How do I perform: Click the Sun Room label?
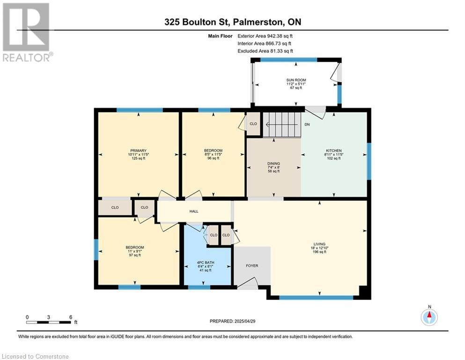pyautogui.click(x=296, y=84)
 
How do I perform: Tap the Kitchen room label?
pyautogui.click(x=333, y=154)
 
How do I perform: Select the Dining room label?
pyautogui.click(x=273, y=167)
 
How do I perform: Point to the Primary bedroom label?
pyautogui.click(x=138, y=154)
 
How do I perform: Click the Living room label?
pyautogui.click(x=319, y=248)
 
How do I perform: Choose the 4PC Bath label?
pyautogui.click(x=205, y=266)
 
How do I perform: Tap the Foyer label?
pyautogui.click(x=252, y=266)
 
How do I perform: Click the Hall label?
pyautogui.click(x=194, y=211)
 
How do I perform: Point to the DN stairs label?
pyautogui.click(x=307, y=124)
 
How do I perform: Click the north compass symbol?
pyautogui.click(x=429, y=317)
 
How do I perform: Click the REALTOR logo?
pyautogui.click(x=26, y=32)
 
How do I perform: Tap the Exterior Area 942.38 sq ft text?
pyautogui.click(x=265, y=36)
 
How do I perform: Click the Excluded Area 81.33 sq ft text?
pyautogui.click(x=265, y=51)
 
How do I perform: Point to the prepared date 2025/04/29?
pyautogui.click(x=232, y=321)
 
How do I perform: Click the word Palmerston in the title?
pyautogui.click(x=258, y=22)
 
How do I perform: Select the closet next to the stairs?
pyautogui.click(x=253, y=124)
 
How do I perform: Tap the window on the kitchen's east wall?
pyautogui.click(x=369, y=161)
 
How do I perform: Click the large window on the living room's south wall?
pyautogui.click(x=316, y=297)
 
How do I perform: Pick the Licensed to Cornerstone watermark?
pyautogui.click(x=35, y=356)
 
